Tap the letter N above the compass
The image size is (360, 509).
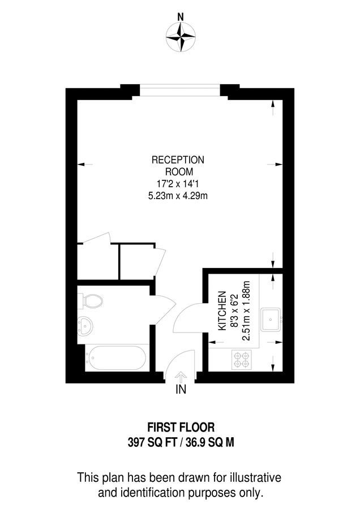[x=180, y=17]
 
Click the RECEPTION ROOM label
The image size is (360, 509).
[x=178, y=166]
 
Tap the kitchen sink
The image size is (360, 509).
[x=271, y=320]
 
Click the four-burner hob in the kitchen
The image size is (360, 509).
[x=242, y=360]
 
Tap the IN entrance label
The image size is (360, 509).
[x=181, y=389]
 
